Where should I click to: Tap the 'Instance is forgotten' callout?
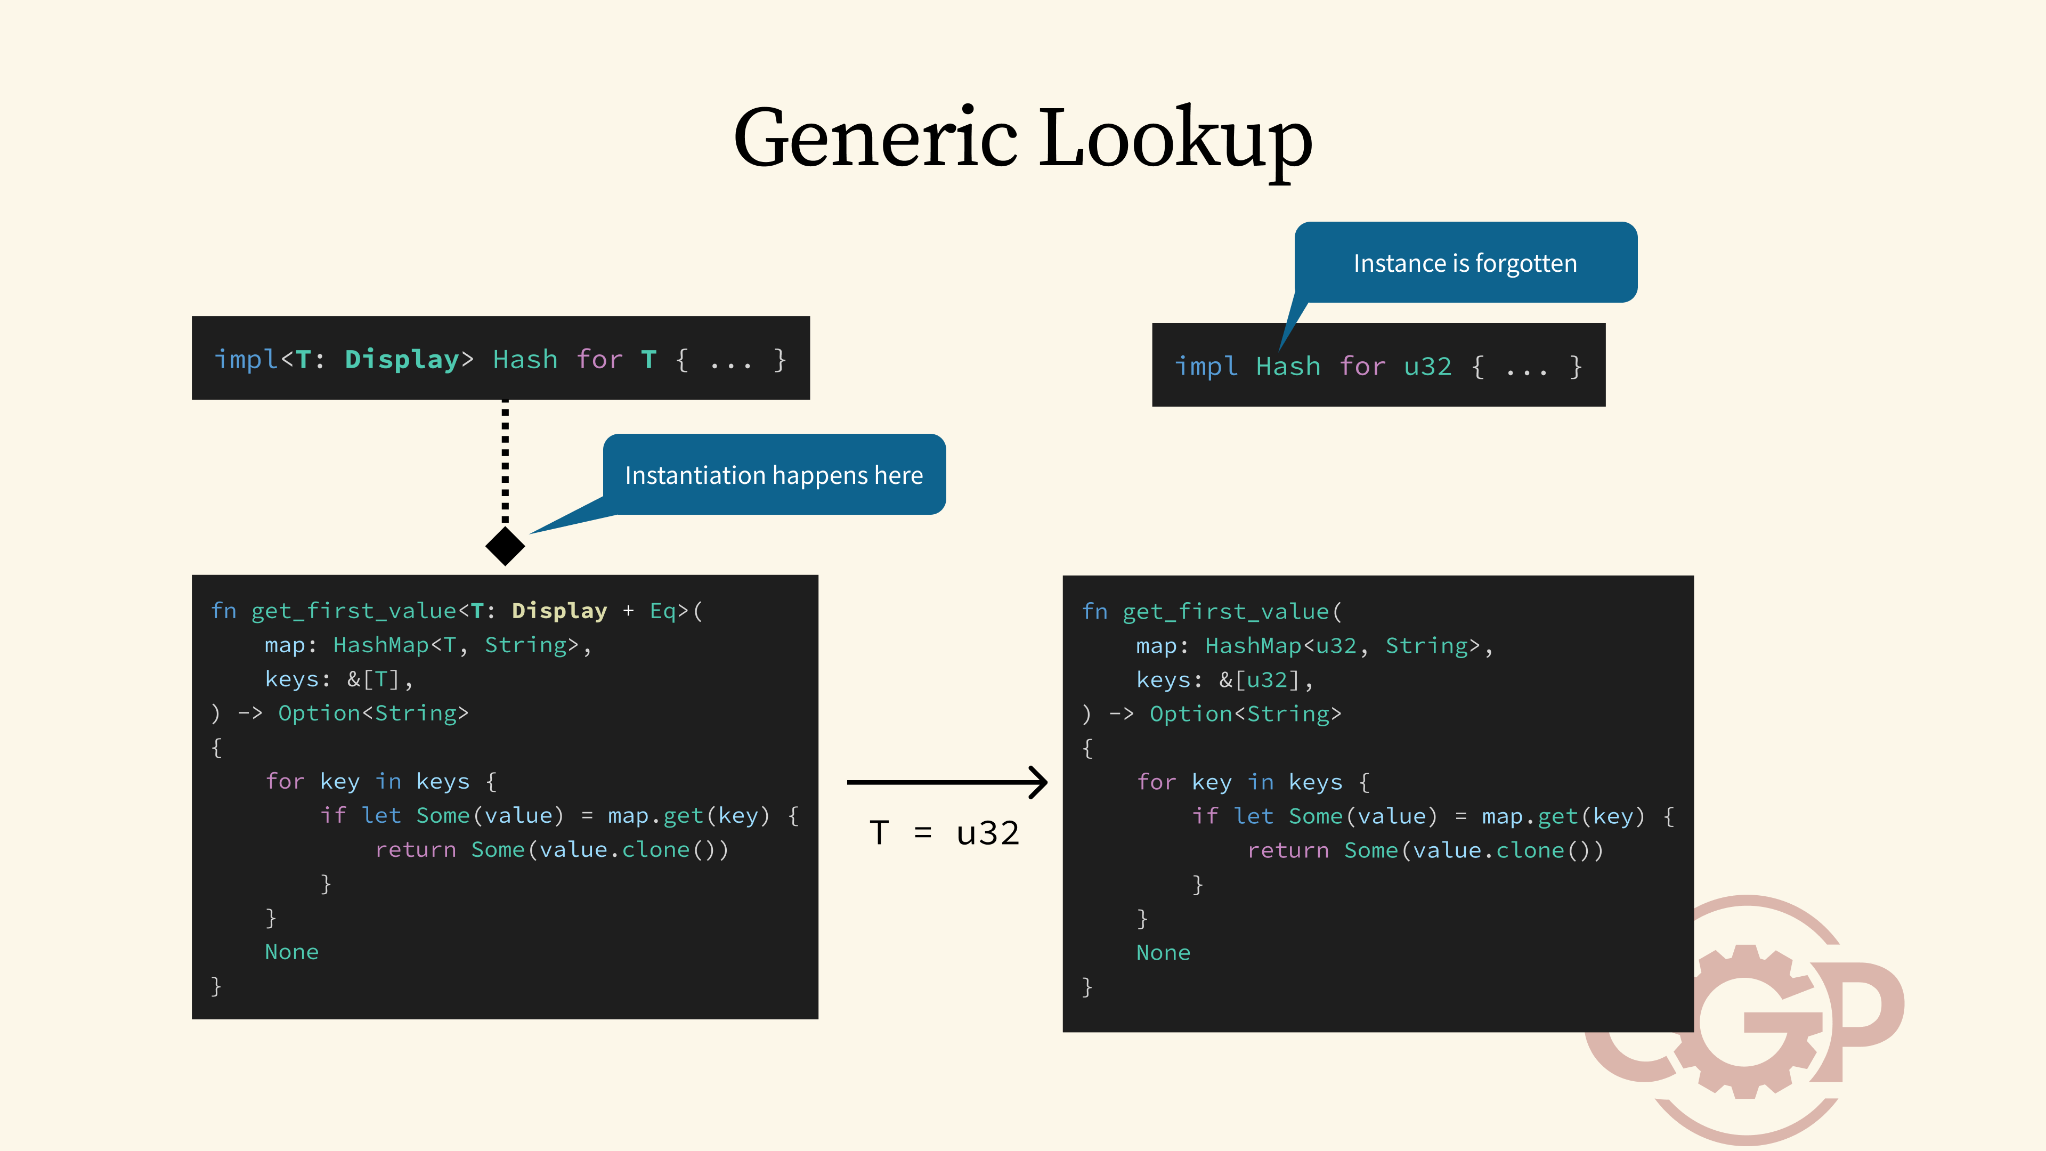[x=1465, y=263]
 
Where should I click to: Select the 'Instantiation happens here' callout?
[x=774, y=475]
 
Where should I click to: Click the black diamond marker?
[x=505, y=546]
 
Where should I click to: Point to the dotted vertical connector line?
[x=505, y=461]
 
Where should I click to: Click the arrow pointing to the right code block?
[x=947, y=782]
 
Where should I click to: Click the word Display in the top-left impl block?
[x=402, y=360]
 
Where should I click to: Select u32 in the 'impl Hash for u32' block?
[x=1427, y=367]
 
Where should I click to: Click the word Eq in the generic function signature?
[x=662, y=611]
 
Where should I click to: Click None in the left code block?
[x=291, y=952]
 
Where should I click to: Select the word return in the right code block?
[x=1287, y=851]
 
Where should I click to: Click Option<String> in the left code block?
[x=374, y=714]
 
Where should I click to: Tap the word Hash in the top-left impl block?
[x=525, y=360]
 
